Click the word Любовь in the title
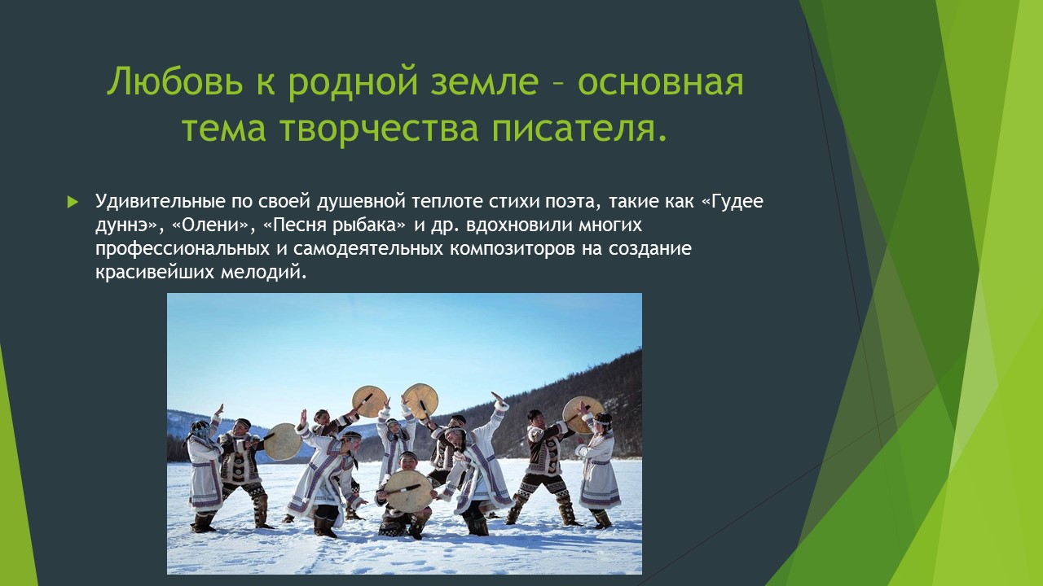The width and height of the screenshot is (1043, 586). [x=175, y=82]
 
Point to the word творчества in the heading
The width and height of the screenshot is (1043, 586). [x=380, y=129]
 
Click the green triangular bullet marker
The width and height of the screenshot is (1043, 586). [x=73, y=202]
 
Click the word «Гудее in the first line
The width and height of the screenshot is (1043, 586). [x=732, y=202]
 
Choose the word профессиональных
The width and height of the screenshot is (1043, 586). [x=183, y=249]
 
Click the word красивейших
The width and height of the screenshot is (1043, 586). [x=155, y=273]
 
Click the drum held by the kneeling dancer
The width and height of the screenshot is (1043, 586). [x=409, y=491]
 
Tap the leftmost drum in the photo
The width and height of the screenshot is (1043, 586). [x=282, y=441]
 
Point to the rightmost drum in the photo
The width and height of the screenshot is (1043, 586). [x=582, y=415]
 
